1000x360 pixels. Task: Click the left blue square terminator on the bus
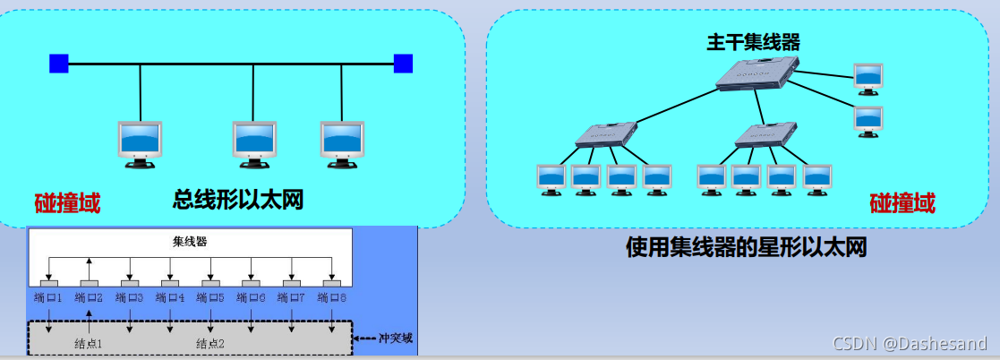pyautogui.click(x=59, y=64)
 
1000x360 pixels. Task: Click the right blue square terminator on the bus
pyautogui.click(x=403, y=64)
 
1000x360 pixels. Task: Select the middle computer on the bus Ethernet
pyautogui.click(x=253, y=143)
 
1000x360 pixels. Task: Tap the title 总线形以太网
pyautogui.click(x=238, y=200)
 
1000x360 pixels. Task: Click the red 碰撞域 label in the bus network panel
pyautogui.click(x=67, y=203)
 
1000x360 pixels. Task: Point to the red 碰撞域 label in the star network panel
pyautogui.click(x=902, y=203)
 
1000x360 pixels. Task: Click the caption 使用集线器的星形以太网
pyautogui.click(x=746, y=247)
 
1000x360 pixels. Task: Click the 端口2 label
pyautogui.click(x=90, y=298)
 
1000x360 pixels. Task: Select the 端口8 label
pyautogui.click(x=332, y=298)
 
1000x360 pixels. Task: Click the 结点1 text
pyautogui.click(x=89, y=343)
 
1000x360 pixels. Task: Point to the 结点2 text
pyautogui.click(x=211, y=343)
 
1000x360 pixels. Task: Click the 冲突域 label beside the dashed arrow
pyautogui.click(x=395, y=339)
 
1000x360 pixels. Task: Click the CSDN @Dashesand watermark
pyautogui.click(x=910, y=343)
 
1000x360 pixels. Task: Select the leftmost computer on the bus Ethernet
pyautogui.click(x=141, y=143)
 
